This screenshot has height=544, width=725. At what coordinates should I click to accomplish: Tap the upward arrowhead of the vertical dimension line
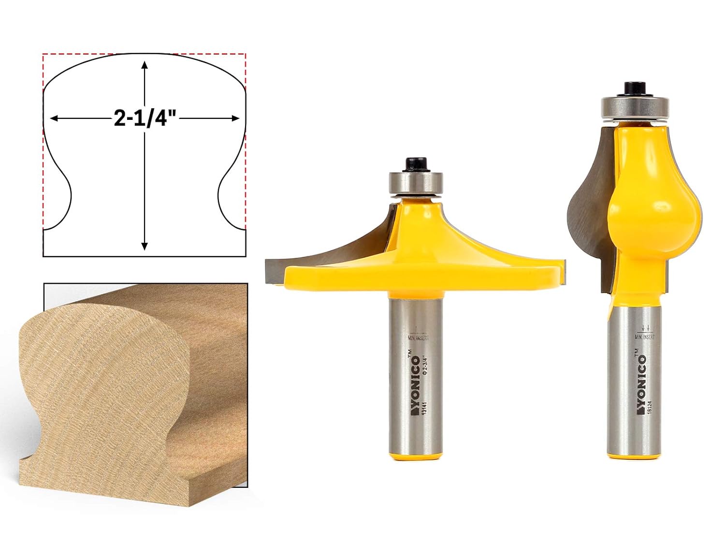[x=145, y=66]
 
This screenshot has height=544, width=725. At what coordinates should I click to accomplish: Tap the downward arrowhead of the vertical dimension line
[x=145, y=246]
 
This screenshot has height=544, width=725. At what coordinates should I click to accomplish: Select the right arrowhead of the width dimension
[x=235, y=118]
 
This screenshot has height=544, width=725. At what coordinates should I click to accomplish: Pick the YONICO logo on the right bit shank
[x=641, y=382]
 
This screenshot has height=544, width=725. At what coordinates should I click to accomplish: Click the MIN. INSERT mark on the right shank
[x=644, y=337]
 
